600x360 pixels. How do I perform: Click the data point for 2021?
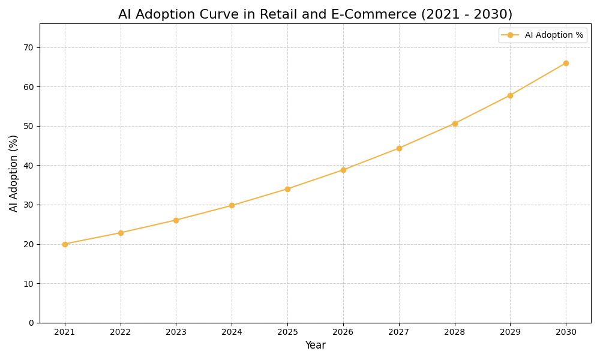(65, 244)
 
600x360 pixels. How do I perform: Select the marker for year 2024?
(232, 205)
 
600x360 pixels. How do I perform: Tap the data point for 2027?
(399, 148)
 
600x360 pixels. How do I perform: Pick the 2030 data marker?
(566, 63)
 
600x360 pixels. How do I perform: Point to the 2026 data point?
(343, 170)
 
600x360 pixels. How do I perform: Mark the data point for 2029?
(510, 95)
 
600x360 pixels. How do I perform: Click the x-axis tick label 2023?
(176, 332)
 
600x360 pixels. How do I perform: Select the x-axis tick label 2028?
(454, 332)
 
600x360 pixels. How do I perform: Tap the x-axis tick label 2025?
(287, 332)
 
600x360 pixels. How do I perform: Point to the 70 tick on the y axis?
(29, 47)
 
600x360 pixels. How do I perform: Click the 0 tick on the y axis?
(31, 323)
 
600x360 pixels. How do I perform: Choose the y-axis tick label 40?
(29, 166)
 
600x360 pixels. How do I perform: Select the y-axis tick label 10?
(29, 283)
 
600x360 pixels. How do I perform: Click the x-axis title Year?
(315, 346)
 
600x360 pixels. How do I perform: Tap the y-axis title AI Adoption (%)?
(14, 173)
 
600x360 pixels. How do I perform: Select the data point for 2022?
(121, 233)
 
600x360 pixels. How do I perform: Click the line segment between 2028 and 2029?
(482, 109)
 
